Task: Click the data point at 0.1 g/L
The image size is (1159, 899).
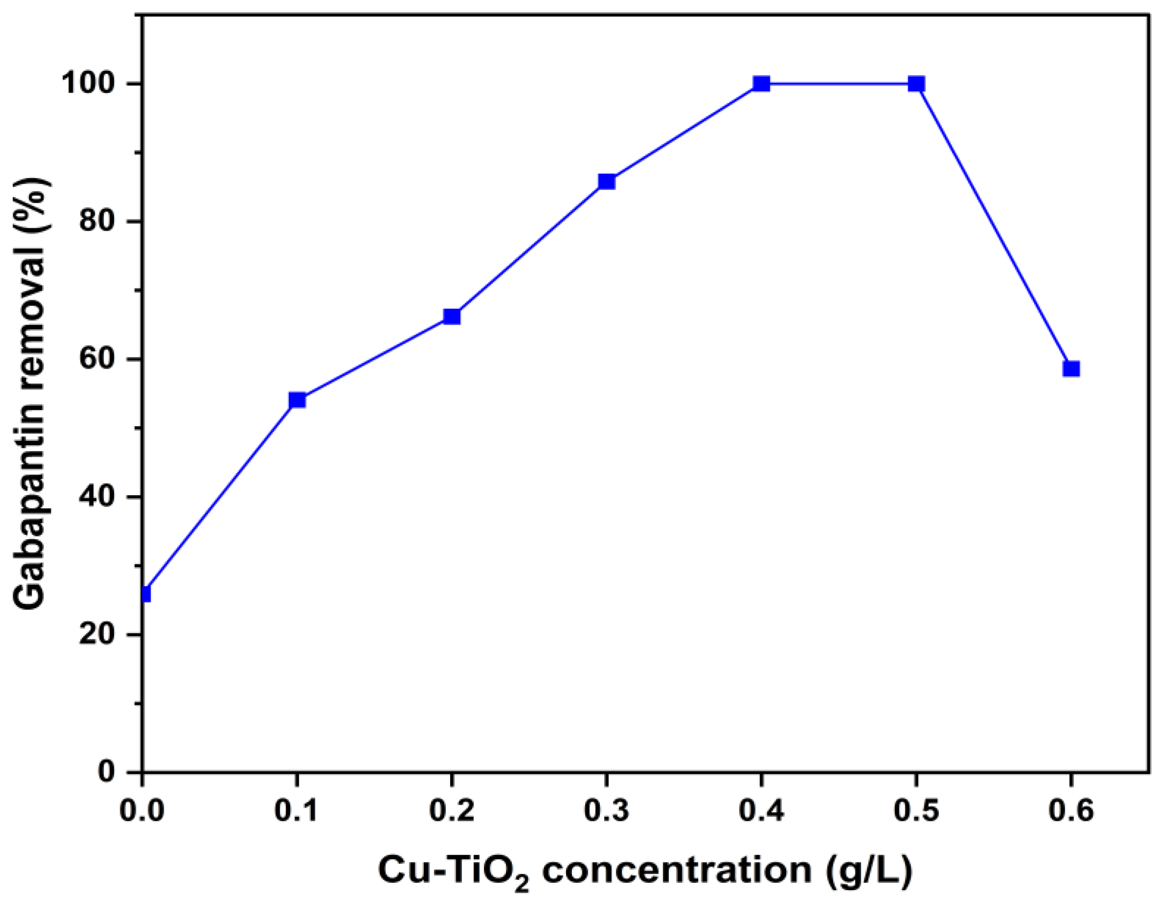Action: click(x=297, y=399)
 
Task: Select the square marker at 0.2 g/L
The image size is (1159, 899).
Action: click(x=452, y=316)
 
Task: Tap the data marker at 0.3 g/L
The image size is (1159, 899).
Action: click(x=607, y=181)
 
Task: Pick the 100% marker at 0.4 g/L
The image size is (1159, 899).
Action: click(x=761, y=84)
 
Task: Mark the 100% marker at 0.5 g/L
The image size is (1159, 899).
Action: click(x=916, y=84)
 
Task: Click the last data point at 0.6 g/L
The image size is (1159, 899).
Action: click(x=1071, y=368)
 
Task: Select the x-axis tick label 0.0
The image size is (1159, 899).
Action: click(x=142, y=811)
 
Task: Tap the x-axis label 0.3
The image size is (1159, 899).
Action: click(x=607, y=811)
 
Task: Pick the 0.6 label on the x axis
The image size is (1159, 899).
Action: click(x=1071, y=811)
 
